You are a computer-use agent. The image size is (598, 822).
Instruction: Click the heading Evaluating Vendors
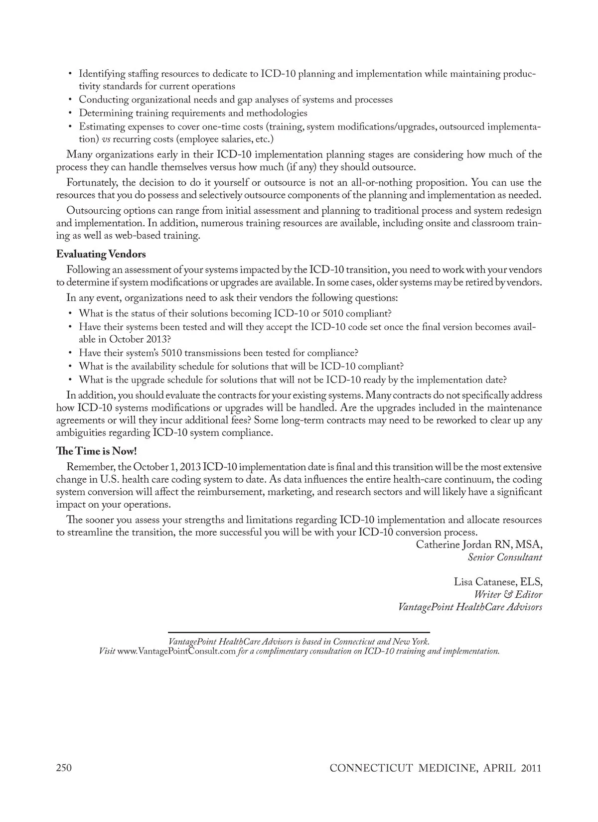[101, 255]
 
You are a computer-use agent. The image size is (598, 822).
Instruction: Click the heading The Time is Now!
[96, 451]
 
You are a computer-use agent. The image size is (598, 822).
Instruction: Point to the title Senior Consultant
[505, 557]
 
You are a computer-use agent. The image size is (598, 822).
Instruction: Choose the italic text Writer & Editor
[508, 594]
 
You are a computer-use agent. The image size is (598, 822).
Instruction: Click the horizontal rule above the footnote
[299, 632]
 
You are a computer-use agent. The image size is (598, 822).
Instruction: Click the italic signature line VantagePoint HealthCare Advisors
[470, 607]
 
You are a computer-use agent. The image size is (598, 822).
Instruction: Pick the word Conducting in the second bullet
[104, 100]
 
